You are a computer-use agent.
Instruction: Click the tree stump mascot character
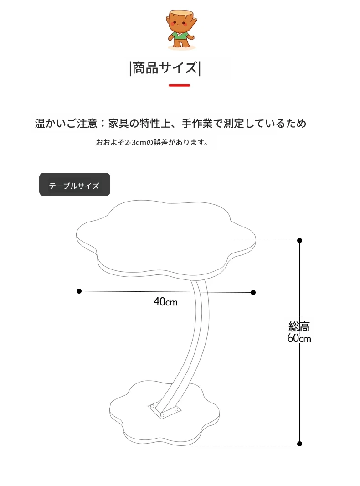click(181, 29)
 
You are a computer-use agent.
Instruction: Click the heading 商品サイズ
click(165, 68)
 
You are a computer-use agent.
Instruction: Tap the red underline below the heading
click(180, 85)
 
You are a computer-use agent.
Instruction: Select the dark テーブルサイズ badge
click(75, 185)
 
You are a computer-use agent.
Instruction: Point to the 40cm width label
click(165, 301)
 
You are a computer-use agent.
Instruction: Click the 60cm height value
click(299, 338)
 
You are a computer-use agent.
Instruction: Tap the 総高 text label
click(299, 326)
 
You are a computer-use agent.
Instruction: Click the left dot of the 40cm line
click(79, 291)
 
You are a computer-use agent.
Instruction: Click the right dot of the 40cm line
click(253, 292)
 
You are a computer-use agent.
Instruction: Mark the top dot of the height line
click(299, 240)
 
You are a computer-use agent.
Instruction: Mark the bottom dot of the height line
click(299, 444)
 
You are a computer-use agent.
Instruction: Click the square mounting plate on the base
click(164, 410)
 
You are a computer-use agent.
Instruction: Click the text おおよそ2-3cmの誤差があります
click(152, 142)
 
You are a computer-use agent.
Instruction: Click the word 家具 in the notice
click(118, 124)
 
